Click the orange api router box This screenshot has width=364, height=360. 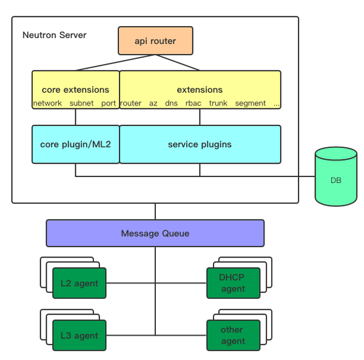point(155,41)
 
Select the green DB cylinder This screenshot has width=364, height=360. point(335,180)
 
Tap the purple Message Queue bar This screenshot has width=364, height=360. point(155,233)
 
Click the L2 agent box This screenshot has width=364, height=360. point(79,283)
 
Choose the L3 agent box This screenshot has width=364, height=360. point(79,336)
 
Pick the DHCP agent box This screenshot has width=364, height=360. point(233,283)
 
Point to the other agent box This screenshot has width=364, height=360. point(233,336)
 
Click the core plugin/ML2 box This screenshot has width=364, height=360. point(75,144)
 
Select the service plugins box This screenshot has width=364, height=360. point(200,144)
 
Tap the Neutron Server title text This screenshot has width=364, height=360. point(55,35)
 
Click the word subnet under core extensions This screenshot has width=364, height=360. point(81,104)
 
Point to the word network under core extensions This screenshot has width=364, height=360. point(47,104)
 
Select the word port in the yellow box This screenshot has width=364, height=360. point(109,104)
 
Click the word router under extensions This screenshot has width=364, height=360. point(130,104)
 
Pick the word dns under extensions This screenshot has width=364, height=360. point(171,104)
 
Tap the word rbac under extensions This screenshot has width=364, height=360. point(193,104)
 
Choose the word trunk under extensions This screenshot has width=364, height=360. point(218,104)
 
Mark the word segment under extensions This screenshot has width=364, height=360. point(251,104)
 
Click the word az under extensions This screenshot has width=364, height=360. point(153,104)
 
